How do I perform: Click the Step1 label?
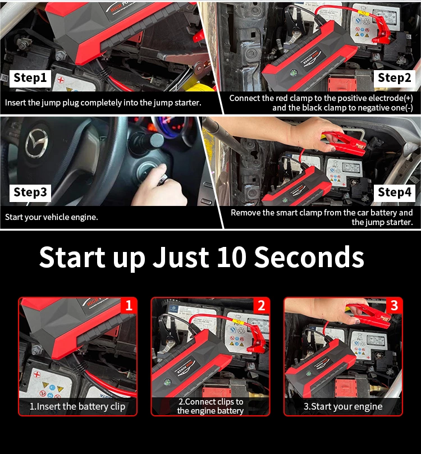31,78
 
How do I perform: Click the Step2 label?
395,78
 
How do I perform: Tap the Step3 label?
30,192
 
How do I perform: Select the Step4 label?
395,192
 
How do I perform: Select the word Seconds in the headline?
309,257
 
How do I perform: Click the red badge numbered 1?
129,305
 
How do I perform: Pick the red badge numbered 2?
261,305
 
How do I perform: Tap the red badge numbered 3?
394,305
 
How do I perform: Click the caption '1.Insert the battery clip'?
77,406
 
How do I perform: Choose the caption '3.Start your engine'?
343,406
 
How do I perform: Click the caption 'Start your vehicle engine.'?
52,217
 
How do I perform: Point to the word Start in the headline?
72,257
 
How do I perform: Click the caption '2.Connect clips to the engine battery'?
210,406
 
